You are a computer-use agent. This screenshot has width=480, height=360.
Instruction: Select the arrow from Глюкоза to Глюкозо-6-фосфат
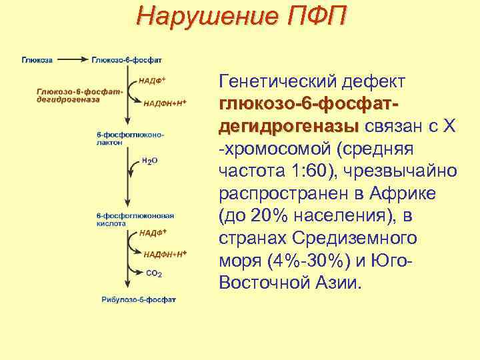(72, 59)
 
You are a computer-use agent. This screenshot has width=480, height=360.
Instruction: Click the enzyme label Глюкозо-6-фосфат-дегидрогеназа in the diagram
(70, 95)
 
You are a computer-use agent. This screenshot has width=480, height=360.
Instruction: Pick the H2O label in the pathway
(149, 161)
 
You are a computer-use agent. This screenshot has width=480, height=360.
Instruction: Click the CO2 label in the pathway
(154, 273)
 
